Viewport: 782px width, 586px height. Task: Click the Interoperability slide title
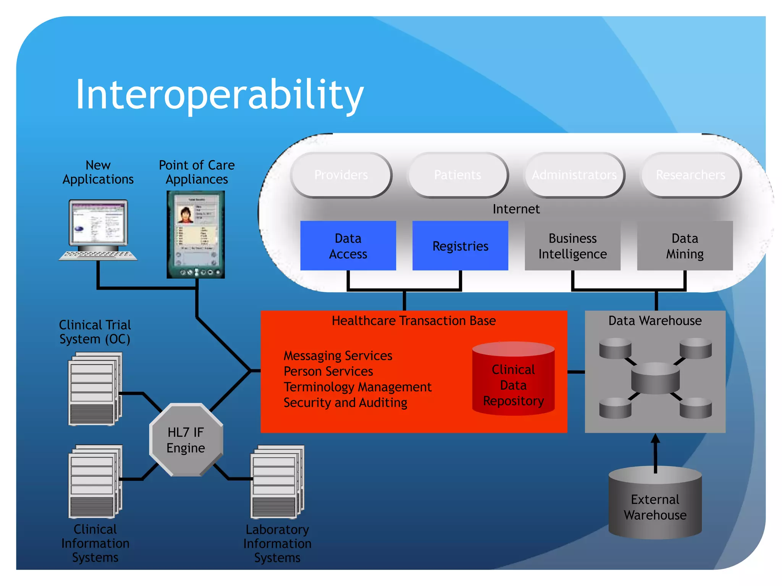[220, 94]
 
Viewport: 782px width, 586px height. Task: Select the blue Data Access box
[348, 246]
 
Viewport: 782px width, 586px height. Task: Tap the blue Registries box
[460, 246]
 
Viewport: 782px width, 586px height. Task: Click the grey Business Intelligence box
[572, 246]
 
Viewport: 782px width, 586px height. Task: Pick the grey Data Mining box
[685, 246]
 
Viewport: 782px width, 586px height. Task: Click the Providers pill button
[341, 175]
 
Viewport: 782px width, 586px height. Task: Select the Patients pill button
[458, 175]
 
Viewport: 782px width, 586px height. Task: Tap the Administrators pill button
[574, 175]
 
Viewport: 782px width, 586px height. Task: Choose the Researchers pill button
[691, 175]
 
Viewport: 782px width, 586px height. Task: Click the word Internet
[516, 209]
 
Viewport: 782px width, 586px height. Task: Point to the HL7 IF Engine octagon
[186, 440]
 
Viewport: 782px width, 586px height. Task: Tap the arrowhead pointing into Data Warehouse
[655, 439]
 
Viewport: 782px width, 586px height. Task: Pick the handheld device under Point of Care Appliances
[196, 234]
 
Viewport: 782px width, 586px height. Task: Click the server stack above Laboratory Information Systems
[276, 482]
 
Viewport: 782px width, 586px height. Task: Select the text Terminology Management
[357, 387]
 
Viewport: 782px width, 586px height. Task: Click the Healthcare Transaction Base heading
[414, 321]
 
